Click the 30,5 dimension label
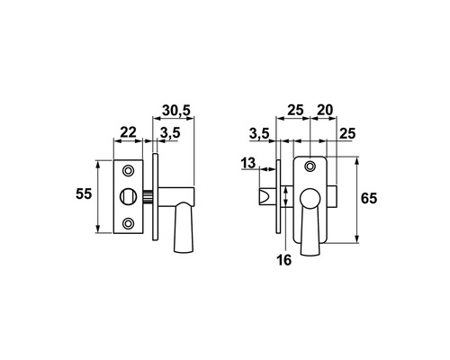point(176,110)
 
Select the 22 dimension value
point(128,132)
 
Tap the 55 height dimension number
point(84,193)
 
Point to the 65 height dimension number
point(369,198)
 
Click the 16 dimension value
point(283,260)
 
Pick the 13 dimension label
point(248,163)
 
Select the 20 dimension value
point(325,110)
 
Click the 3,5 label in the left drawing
point(170,132)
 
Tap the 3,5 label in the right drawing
point(259,134)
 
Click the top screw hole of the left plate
point(129,170)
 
